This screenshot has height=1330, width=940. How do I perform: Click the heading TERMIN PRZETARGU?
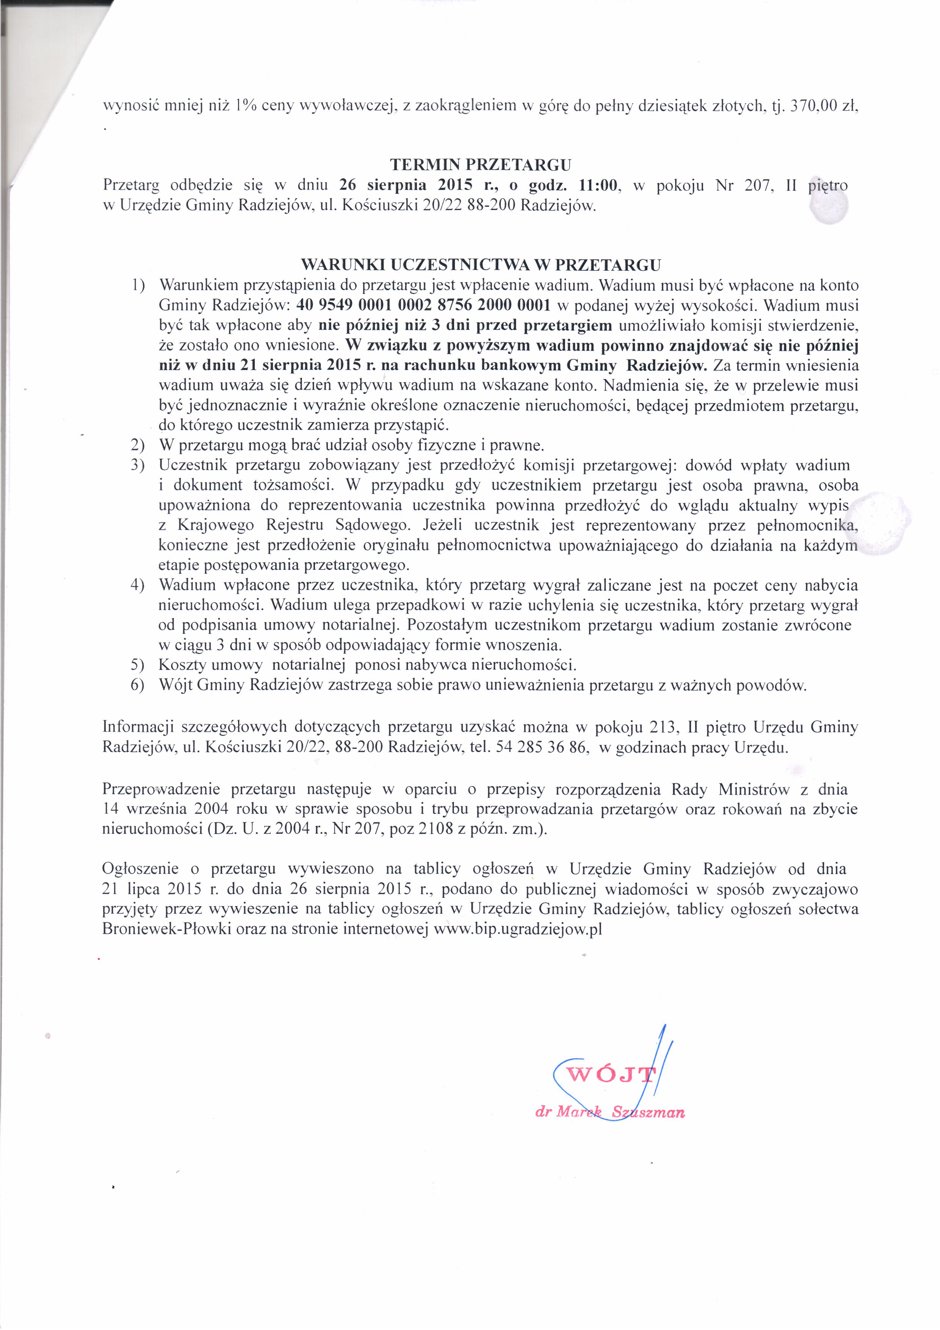click(481, 165)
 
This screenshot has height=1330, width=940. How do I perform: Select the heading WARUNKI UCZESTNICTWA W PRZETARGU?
click(481, 265)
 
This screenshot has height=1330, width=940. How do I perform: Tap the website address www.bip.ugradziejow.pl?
click(519, 930)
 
